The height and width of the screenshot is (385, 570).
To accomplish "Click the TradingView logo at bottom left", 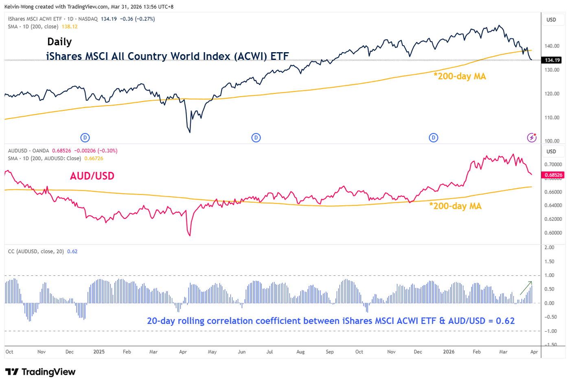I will (40, 372).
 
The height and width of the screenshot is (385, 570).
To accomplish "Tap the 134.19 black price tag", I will (552, 60).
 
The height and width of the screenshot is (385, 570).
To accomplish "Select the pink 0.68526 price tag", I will (553, 175).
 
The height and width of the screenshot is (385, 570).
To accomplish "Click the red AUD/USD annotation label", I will (92, 176).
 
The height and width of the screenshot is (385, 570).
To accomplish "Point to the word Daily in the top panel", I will (59, 42).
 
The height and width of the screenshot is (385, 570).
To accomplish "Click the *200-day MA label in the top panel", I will (460, 76).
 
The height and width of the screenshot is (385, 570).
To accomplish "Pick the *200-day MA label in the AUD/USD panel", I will (455, 206).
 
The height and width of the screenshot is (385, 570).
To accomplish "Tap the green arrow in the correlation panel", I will (526, 288).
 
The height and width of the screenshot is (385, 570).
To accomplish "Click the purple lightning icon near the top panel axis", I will (532, 138).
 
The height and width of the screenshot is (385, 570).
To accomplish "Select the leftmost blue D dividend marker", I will (85, 138).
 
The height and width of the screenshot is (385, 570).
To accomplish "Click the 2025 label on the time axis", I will (99, 352).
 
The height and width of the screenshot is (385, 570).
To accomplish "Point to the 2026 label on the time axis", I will (449, 352).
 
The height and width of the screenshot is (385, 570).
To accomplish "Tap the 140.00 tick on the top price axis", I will (552, 46).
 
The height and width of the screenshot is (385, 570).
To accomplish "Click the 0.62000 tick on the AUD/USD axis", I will (553, 219).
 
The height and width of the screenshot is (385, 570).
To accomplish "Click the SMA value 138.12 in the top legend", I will (70, 26).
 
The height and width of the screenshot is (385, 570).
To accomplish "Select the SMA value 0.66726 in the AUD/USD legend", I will (94, 158).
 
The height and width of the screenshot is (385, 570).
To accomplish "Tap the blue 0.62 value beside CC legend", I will (72, 251).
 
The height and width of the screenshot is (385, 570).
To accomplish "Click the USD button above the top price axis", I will (551, 20).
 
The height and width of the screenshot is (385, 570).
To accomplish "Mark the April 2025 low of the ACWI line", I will (190, 132).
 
